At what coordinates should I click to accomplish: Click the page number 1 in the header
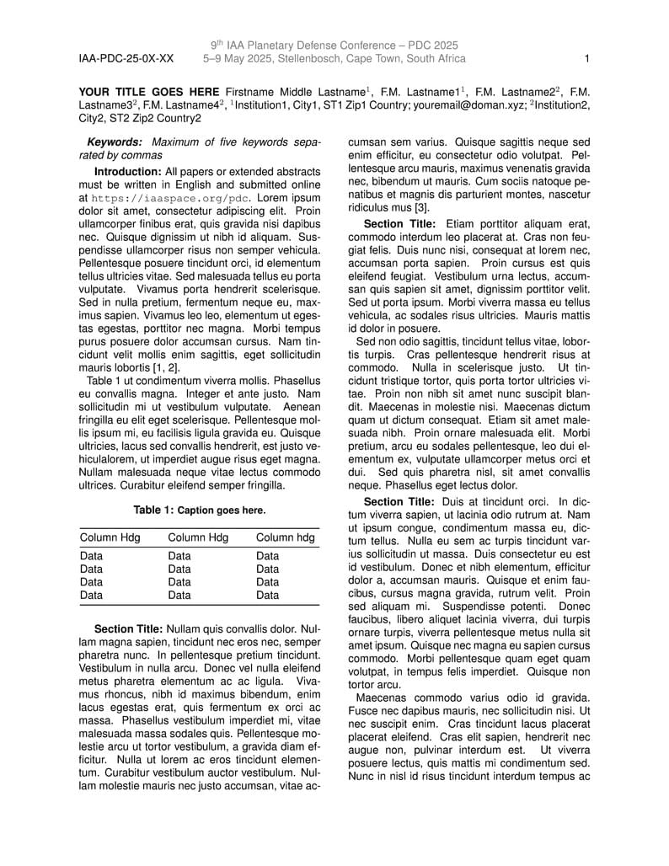586,59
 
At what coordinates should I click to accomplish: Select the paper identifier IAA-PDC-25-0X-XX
126,59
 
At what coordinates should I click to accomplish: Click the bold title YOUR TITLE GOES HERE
149,91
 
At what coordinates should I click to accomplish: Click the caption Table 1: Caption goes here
199,510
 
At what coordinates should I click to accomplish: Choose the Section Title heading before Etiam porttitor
399,224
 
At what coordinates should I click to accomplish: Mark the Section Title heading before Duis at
399,501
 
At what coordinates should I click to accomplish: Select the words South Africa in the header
435,59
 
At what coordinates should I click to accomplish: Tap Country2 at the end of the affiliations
178,118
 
